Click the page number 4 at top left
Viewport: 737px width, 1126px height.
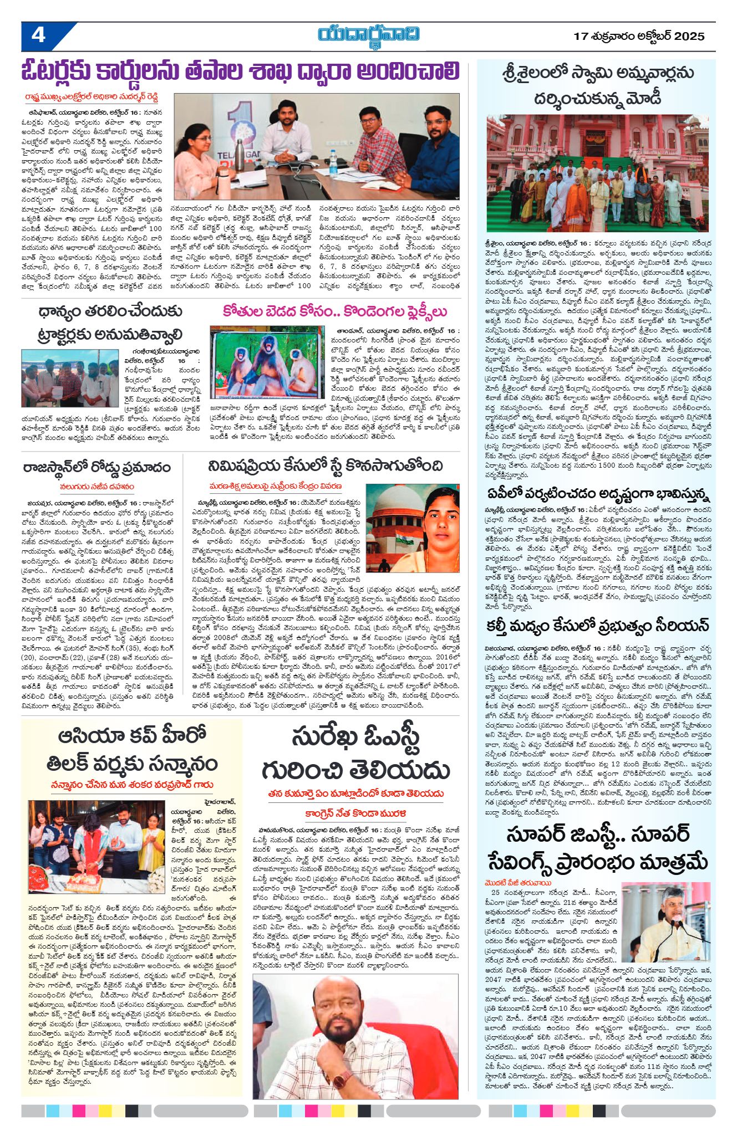tap(38, 35)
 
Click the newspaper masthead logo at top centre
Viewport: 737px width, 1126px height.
tap(368, 35)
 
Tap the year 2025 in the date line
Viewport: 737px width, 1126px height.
tap(689, 37)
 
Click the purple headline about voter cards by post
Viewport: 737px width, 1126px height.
tap(241, 72)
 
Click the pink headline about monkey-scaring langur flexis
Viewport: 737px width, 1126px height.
tap(335, 311)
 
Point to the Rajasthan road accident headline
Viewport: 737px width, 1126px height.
tap(97, 467)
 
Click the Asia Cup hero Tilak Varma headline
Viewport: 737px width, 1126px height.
tap(132, 751)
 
